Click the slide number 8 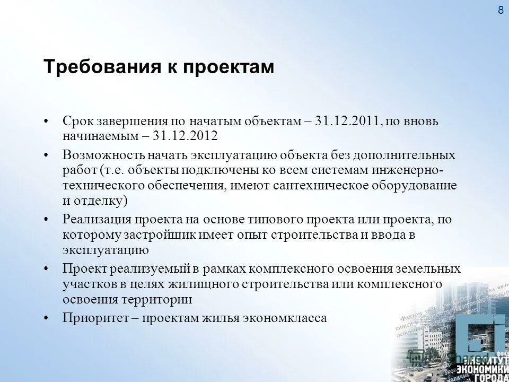[501, 10]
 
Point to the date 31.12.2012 [185, 135]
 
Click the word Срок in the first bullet [77, 121]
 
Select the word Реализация [96, 219]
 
